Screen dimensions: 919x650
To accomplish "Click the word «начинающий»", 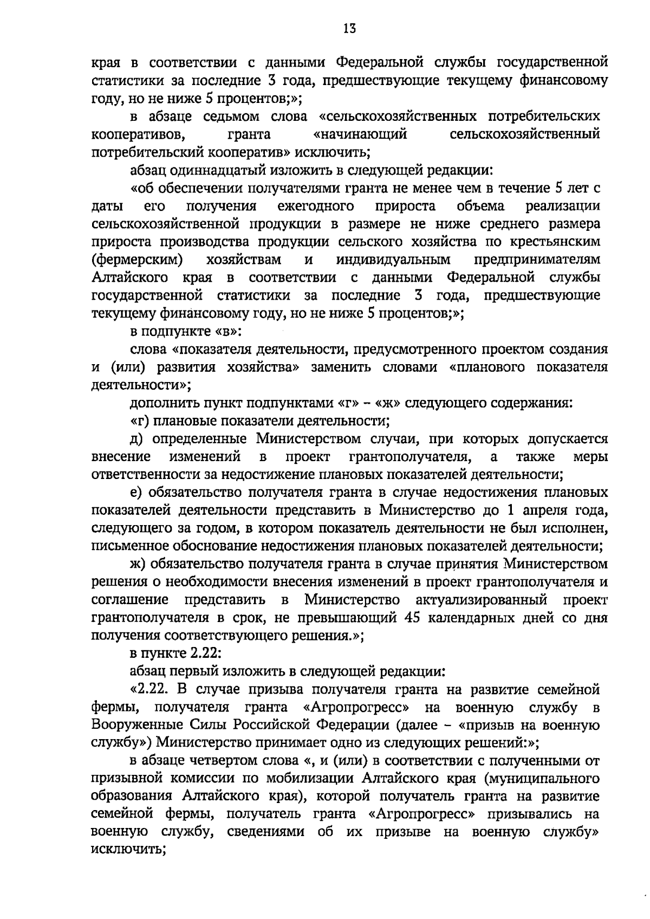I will tap(360, 134).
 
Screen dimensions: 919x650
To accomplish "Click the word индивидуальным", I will tap(393, 260).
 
